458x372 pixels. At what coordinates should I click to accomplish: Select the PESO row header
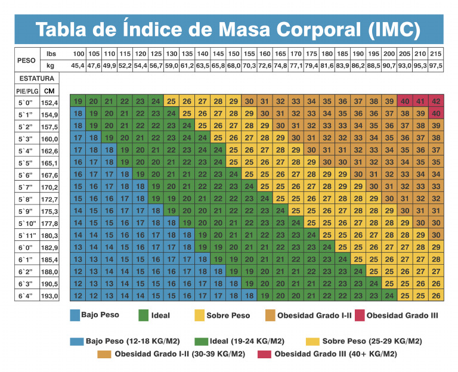point(26,60)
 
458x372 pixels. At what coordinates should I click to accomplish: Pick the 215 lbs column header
point(436,54)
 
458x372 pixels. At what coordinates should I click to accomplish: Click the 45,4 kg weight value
point(78,66)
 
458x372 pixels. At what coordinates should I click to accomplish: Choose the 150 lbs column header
point(234,54)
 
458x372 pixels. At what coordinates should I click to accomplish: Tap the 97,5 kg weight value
point(436,66)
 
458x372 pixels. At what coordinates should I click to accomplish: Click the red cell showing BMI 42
point(435,101)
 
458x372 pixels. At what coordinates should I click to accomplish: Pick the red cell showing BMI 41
point(420,101)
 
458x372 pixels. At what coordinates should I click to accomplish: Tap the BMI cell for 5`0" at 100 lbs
point(78,101)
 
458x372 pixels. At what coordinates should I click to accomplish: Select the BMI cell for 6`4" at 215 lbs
point(435,296)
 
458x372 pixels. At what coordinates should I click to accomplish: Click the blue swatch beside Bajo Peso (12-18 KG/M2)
point(76,342)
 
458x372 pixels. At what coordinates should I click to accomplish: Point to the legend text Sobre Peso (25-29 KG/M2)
point(372,342)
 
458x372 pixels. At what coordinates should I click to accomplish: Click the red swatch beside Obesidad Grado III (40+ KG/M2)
point(265,354)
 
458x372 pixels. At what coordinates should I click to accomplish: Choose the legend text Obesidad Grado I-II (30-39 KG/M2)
point(180,354)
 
